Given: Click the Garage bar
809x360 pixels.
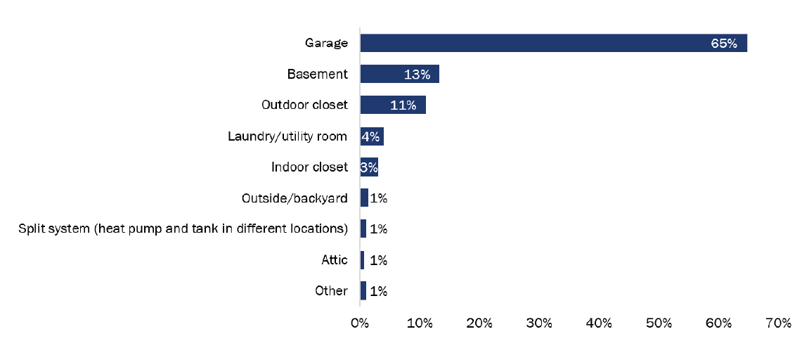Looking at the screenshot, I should click(553, 43).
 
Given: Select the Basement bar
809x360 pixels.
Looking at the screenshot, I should click(399, 74).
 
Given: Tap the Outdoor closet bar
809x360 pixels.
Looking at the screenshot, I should click(393, 105).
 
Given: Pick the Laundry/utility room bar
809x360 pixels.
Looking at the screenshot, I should click(372, 136).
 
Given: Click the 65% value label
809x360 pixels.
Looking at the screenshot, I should click(723, 44).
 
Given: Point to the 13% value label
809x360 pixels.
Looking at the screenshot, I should click(417, 75).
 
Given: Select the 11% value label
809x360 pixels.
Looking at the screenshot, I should click(403, 105).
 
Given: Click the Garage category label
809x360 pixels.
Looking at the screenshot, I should click(326, 43).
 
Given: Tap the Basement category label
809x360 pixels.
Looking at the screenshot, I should click(317, 74).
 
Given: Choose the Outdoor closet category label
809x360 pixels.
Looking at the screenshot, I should click(304, 105).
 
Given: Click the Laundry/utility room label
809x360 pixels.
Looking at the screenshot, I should click(287, 136).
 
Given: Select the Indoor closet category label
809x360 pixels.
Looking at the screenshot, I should click(309, 167).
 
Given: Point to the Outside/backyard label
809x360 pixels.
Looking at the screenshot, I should click(294, 198).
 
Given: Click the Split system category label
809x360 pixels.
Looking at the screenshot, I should click(183, 229).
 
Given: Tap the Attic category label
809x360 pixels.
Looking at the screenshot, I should click(335, 259).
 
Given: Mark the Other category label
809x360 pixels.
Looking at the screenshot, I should click(332, 290).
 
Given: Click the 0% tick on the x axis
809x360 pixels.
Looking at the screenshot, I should click(360, 323).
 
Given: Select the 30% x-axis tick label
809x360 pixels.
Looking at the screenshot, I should click(539, 323).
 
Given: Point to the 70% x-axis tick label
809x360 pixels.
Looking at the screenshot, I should click(779, 323).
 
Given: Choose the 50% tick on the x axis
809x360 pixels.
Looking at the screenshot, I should click(659, 323).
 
